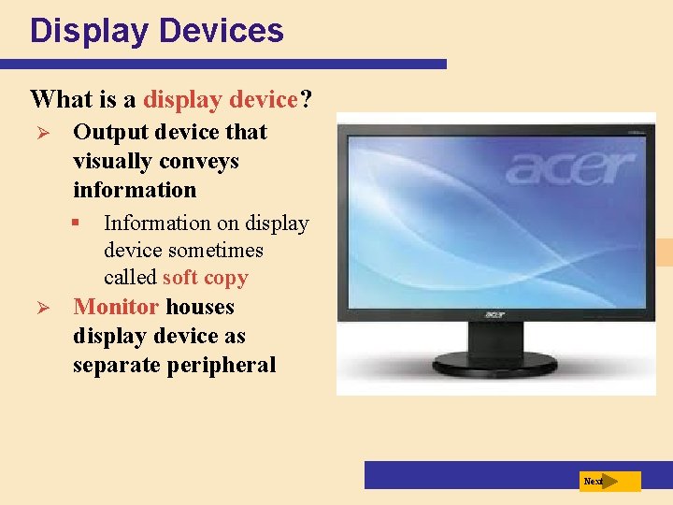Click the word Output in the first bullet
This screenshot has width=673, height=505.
107,132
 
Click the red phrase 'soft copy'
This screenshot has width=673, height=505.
205,278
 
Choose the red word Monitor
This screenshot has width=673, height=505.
116,307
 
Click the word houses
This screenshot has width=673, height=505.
200,307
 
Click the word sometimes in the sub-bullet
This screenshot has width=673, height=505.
218,251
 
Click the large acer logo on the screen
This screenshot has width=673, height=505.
571,170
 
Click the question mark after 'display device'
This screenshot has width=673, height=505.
307,98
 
